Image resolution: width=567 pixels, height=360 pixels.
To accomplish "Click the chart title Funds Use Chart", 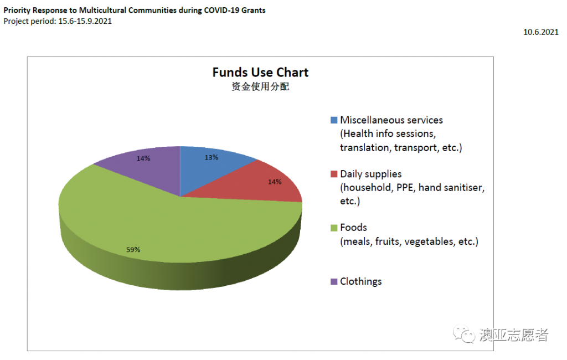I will tap(260, 73).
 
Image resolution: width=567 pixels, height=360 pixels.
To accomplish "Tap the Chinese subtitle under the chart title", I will tap(260, 87).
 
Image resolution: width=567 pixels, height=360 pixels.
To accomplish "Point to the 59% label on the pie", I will tap(133, 250).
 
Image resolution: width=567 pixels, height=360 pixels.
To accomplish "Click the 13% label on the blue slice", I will tap(211, 157).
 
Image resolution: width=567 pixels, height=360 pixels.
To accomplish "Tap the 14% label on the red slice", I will tap(275, 182).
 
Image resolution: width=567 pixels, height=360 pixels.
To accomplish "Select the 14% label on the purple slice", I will tap(143, 158).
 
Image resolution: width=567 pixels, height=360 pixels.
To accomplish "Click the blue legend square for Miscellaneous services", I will tap(333, 120).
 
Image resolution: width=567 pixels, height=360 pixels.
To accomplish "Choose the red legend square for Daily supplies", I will tap(333, 174).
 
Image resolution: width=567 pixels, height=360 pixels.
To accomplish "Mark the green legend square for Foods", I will tap(333, 228).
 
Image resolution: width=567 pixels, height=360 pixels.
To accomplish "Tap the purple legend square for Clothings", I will tap(333, 281).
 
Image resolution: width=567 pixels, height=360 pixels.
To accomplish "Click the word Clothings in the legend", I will tap(360, 281).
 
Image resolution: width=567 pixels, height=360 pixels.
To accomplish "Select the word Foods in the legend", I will tap(353, 228).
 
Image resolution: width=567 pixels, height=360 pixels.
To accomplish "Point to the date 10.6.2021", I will tap(541, 32).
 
